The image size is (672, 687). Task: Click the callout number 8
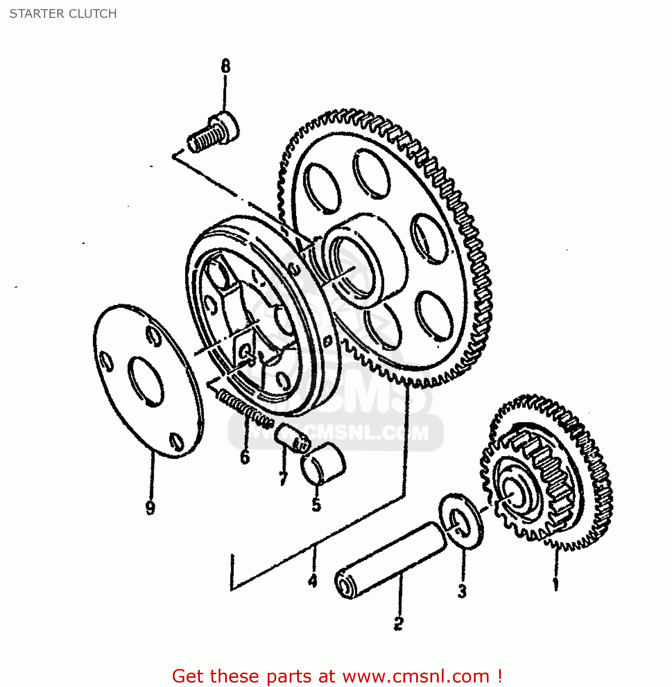tap(225, 67)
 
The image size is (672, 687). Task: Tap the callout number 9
tap(150, 507)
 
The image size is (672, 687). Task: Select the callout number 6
tap(245, 457)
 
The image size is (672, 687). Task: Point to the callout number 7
tap(283, 479)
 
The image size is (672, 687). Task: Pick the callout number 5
tap(316, 505)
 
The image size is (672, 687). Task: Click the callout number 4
tap(313, 581)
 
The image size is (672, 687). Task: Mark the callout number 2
tap(398, 622)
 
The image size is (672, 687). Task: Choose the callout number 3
tap(462, 591)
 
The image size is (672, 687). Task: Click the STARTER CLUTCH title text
tap(63, 14)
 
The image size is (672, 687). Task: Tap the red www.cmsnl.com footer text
tap(337, 676)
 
